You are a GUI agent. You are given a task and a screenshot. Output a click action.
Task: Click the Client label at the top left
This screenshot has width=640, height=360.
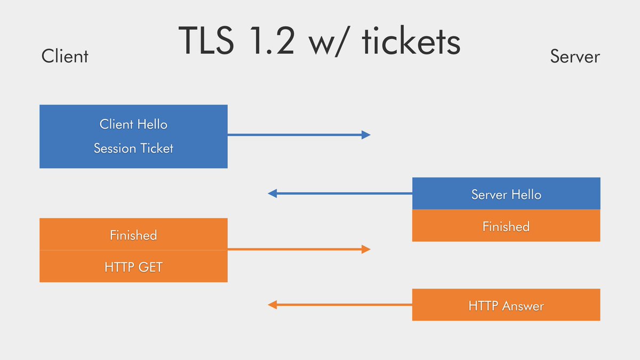pos(65,56)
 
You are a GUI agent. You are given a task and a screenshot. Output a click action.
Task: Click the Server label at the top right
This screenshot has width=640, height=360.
pos(575,57)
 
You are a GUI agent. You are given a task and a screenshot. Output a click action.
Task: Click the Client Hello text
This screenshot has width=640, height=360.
pos(133,124)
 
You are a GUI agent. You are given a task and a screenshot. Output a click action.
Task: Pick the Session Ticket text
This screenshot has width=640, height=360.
pos(133,148)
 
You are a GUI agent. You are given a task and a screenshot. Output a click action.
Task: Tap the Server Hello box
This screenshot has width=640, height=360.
pos(506,194)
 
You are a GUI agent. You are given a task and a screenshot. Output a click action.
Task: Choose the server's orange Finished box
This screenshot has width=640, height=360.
pos(506,226)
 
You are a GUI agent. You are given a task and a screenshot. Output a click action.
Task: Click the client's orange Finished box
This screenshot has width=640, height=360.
pos(133,234)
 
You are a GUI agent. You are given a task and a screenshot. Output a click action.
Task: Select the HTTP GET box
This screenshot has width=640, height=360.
pos(133,266)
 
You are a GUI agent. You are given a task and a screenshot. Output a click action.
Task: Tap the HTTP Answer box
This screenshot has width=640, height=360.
pos(506,305)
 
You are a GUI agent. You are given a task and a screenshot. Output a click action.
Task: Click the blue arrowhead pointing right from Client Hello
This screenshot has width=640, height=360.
pos(366,135)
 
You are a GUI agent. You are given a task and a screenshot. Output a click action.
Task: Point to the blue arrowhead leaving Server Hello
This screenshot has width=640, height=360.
pos(273,194)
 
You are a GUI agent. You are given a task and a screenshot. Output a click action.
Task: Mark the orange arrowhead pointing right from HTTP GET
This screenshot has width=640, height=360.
pos(366,249)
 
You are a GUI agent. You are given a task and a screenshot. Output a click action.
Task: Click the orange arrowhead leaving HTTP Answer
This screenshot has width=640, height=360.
pos(273,305)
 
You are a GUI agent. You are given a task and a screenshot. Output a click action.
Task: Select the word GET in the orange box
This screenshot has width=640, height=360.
pos(150,267)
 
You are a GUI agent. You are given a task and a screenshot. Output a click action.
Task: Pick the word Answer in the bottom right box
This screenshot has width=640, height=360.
pos(523,306)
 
